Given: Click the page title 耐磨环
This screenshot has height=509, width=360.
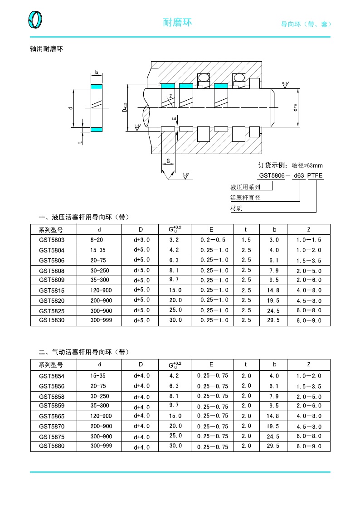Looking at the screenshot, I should pos(177,22).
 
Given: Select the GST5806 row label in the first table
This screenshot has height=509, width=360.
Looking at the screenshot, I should pos(52,261).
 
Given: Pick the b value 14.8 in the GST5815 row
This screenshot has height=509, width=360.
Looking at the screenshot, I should pos(273,291).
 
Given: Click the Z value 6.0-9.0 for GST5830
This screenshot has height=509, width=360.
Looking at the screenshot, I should pos(308,320).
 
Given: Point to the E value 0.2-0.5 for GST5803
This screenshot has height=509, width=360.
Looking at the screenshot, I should pos(212,240).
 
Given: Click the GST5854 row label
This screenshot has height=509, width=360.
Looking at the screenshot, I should pos(52,376).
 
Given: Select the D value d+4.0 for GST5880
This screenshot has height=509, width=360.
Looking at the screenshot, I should pos(141,447).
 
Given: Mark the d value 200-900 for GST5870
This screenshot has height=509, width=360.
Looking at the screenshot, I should pos(101,426).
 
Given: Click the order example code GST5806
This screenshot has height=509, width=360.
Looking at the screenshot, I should pos(272,175).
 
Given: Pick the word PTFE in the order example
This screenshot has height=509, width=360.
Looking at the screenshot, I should pos(315,175).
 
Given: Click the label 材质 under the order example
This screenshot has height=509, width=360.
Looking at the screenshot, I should pos(236,208).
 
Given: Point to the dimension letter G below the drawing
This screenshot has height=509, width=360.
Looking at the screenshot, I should pos(168,161).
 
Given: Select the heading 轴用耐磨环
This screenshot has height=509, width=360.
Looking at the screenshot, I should pos(46,49).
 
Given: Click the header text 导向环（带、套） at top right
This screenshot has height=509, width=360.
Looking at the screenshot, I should pos(307,24).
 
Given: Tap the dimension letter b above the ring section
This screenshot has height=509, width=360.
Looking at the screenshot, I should pos(96,73).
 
